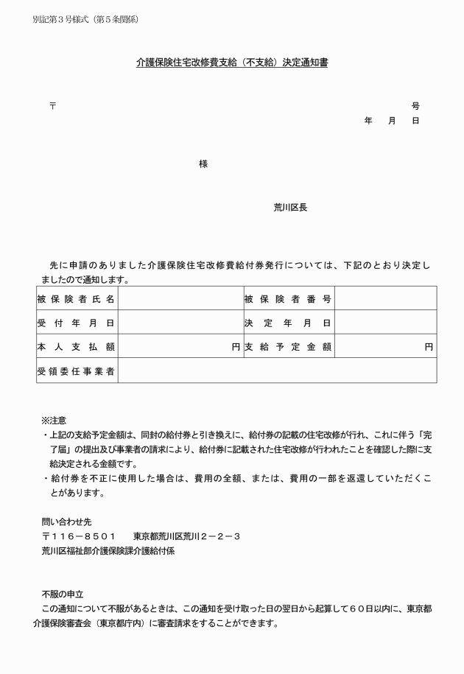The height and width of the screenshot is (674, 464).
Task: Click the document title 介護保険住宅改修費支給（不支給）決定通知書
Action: pyautogui.click(x=232, y=63)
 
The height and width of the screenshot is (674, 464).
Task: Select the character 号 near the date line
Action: pyautogui.click(x=415, y=106)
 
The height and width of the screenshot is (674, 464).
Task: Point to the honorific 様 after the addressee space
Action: pyautogui.click(x=203, y=164)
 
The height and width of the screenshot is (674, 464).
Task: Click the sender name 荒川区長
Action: pyautogui.click(x=290, y=208)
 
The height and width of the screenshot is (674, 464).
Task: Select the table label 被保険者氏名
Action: pyautogui.click(x=76, y=298)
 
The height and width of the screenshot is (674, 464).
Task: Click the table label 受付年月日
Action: pyautogui.click(x=76, y=323)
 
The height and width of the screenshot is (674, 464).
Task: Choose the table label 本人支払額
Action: pyautogui.click(x=76, y=346)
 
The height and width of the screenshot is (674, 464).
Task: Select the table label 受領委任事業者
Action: pyautogui.click(x=76, y=371)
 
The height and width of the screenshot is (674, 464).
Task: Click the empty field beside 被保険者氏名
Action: pyautogui.click(x=180, y=298)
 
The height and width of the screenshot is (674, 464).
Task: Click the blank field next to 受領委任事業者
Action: pyautogui.click(x=277, y=371)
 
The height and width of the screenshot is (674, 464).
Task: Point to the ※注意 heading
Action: pyautogui.click(x=54, y=420)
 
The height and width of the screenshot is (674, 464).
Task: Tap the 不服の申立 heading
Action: pyautogui.click(x=63, y=594)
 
